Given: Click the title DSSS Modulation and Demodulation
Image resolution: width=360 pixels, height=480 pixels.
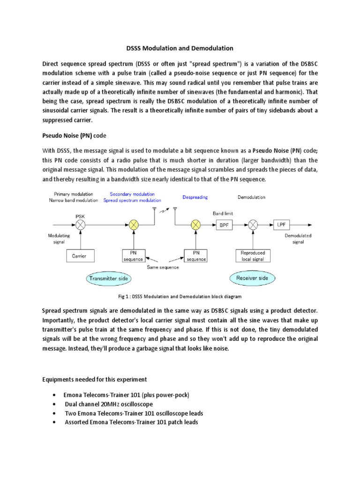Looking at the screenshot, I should (x=180, y=48).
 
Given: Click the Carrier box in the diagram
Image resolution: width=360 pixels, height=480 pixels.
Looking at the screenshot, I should (x=80, y=256).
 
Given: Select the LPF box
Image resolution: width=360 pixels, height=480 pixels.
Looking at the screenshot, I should (x=281, y=225).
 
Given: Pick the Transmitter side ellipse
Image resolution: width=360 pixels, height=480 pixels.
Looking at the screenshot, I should (x=108, y=278).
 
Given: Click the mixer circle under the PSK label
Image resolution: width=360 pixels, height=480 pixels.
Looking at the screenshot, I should (x=80, y=225).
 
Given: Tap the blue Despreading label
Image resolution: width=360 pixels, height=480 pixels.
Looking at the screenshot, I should (x=195, y=197).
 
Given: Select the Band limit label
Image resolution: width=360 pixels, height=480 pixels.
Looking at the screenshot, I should (x=223, y=214).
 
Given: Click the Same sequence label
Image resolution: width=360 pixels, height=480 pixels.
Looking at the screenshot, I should (x=164, y=267).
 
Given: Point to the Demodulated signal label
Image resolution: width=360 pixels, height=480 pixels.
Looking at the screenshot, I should (x=298, y=239).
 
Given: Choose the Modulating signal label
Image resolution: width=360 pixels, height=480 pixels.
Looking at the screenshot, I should (x=59, y=239).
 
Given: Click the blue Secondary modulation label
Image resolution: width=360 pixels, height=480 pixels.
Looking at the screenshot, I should (x=132, y=194).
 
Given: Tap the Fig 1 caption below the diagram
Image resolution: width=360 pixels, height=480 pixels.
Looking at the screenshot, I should (x=180, y=297).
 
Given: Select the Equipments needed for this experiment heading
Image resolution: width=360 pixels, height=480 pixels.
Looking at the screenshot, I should (x=95, y=379).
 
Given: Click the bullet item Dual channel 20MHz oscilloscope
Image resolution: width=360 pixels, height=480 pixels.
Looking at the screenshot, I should (x=109, y=404).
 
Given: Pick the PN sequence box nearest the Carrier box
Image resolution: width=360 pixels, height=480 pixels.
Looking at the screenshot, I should (x=133, y=256).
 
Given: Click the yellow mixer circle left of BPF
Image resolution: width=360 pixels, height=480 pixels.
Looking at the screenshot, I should (x=195, y=225).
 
